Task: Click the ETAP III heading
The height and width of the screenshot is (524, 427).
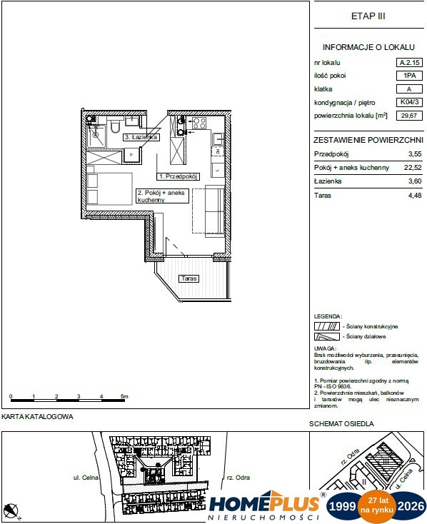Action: [x=368, y=16]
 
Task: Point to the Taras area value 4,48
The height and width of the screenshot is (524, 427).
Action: [x=413, y=193]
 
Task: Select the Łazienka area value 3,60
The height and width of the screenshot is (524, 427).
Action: [x=413, y=181]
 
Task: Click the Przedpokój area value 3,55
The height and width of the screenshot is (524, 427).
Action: [x=413, y=154]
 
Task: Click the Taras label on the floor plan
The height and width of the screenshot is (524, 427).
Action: [x=189, y=279]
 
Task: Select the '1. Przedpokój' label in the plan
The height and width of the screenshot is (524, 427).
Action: [x=178, y=175]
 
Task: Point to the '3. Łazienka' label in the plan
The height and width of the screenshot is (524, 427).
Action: [x=141, y=136]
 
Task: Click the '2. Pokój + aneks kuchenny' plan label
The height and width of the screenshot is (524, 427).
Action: [x=161, y=196]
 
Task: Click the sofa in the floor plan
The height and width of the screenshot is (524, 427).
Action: [x=213, y=210]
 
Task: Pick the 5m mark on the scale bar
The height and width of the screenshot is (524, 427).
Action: [x=124, y=395]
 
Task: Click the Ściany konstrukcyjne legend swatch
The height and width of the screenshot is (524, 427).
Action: [x=326, y=326]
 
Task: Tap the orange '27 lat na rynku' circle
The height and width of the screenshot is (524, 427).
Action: [x=376, y=505]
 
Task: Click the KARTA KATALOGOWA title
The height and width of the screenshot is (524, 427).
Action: [x=37, y=416]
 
